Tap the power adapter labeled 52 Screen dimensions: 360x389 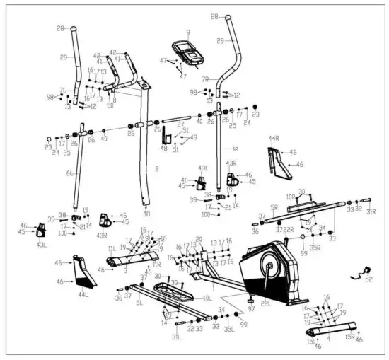click(366, 269)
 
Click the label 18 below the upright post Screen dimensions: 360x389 click(146, 214)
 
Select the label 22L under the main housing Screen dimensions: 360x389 click(266, 303)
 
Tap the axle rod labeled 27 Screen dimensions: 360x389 click(177, 120)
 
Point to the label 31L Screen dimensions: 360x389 click(176, 337)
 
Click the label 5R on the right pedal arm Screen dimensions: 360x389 click(274, 208)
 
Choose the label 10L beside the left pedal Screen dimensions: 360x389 click(207, 298)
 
